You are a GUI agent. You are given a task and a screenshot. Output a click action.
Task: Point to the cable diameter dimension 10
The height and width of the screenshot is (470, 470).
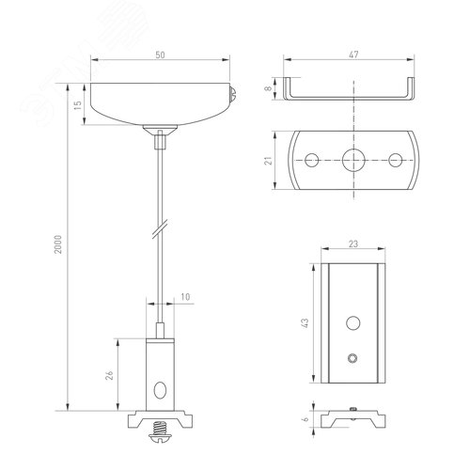(x=184, y=298)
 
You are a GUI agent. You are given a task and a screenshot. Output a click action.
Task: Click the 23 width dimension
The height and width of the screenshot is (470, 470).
(x=353, y=244)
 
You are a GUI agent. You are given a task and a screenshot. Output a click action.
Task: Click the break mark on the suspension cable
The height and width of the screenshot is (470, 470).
(x=162, y=228)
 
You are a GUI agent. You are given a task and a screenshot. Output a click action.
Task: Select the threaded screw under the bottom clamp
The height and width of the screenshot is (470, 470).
(x=161, y=434)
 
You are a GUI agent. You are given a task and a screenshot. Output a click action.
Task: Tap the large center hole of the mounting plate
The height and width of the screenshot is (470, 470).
(x=354, y=159)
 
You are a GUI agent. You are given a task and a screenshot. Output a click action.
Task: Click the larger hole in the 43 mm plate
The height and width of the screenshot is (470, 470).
(x=353, y=323)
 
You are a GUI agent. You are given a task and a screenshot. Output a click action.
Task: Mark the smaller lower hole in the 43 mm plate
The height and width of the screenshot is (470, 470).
(x=353, y=358)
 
